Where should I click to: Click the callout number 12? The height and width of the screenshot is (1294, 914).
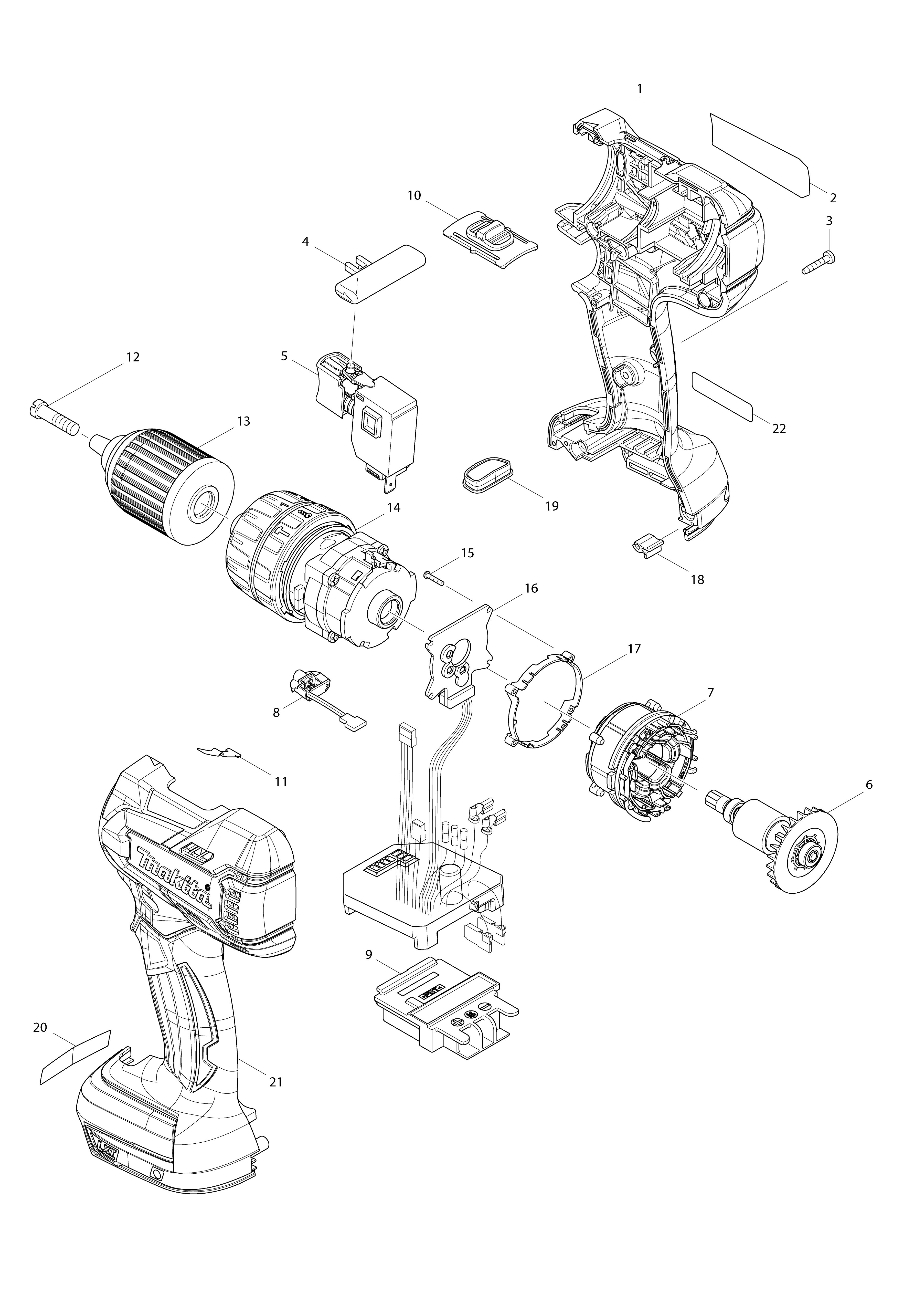tap(133, 357)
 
